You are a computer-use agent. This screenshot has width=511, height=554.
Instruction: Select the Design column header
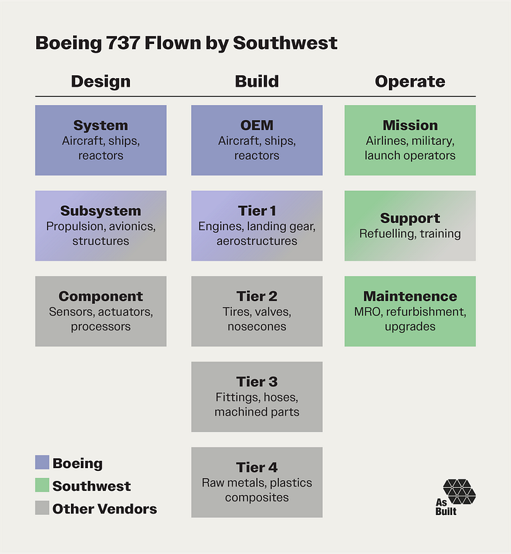click(100, 82)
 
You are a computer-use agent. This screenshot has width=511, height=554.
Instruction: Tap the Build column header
click(256, 82)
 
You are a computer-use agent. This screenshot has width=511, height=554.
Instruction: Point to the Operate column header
click(410, 82)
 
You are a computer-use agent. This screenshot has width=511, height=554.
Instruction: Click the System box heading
click(101, 126)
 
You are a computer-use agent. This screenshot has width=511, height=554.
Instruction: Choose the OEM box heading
click(257, 126)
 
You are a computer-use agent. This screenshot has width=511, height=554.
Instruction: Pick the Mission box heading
click(410, 126)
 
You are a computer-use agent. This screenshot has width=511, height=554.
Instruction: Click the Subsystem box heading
click(101, 211)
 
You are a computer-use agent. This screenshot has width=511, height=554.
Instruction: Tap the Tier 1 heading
click(257, 211)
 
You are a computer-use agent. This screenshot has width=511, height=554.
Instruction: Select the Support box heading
click(410, 218)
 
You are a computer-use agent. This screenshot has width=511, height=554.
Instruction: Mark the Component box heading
click(101, 296)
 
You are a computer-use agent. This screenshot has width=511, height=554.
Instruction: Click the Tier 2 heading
click(257, 296)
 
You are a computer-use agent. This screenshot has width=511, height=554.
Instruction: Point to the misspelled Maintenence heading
click(410, 296)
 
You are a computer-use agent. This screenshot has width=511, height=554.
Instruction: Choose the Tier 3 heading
click(257, 382)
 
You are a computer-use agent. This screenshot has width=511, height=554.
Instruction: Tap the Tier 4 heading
click(257, 467)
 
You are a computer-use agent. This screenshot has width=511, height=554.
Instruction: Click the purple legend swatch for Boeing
click(42, 463)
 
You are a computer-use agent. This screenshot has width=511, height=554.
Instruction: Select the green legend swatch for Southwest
click(42, 486)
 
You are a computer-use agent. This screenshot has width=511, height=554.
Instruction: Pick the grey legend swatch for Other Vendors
click(42, 509)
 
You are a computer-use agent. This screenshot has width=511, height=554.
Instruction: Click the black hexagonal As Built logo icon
click(459, 491)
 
